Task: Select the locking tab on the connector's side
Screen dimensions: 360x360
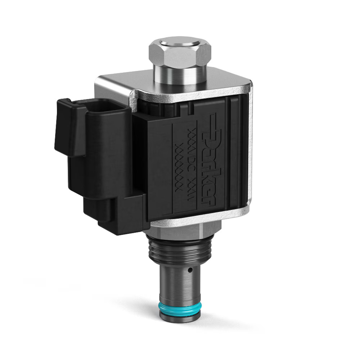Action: tap(65, 126)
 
